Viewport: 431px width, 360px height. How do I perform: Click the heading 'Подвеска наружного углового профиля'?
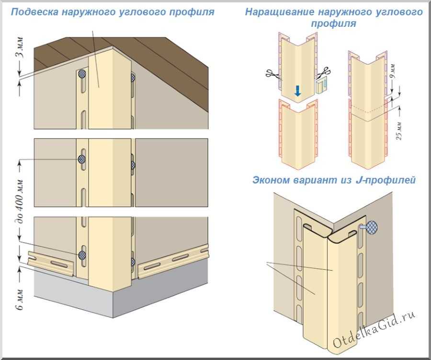click(x=112, y=11)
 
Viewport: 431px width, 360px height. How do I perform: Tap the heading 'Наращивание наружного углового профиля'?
click(x=334, y=17)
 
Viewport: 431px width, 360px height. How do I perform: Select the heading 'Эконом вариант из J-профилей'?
click(x=334, y=180)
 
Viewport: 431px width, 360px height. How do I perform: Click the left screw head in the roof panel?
click(x=82, y=74)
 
